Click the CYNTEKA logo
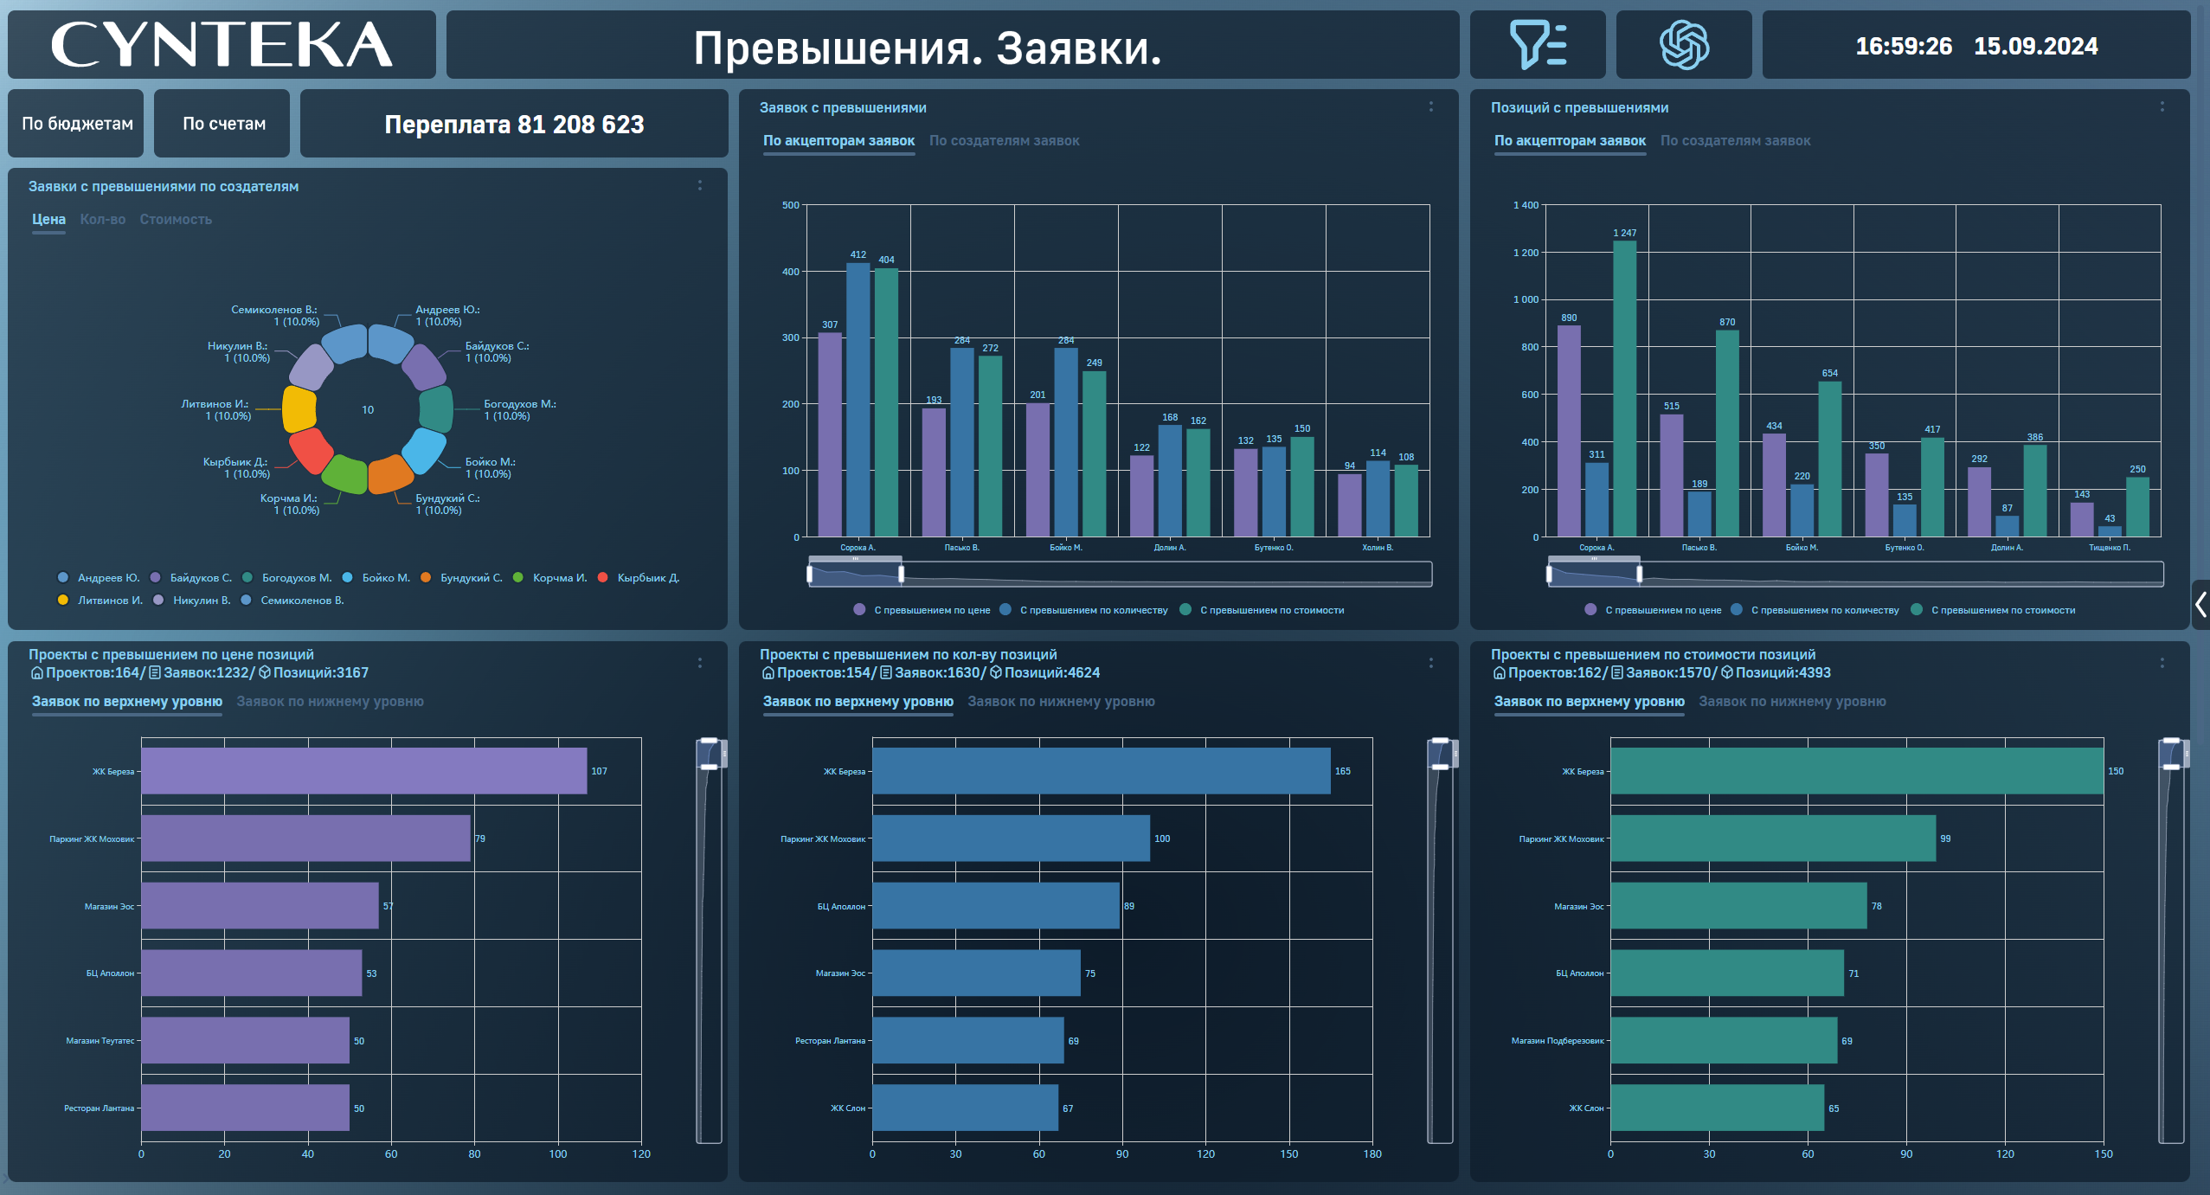click(222, 45)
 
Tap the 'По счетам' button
click(223, 124)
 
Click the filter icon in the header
click(1537, 45)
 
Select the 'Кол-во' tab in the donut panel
click(102, 220)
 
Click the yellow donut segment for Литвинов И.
click(299, 409)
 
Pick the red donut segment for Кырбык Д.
click(310, 450)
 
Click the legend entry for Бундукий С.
click(471, 578)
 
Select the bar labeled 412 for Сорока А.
click(858, 398)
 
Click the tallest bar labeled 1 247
click(1624, 389)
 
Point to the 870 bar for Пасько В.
click(1726, 433)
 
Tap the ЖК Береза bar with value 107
click(363, 771)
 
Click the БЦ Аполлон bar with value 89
click(995, 906)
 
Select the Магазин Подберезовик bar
click(1722, 1040)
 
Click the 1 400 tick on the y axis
click(1526, 206)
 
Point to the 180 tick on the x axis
click(1372, 1154)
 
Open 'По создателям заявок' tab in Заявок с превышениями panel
click(1004, 141)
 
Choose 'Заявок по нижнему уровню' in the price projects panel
click(330, 702)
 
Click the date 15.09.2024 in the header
click(2035, 46)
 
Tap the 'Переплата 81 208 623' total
click(514, 125)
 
